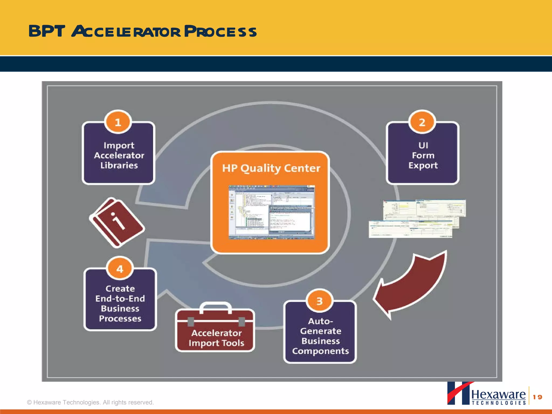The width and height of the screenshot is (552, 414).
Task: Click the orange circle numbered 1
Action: (118, 122)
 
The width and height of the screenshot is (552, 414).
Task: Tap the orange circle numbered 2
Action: (422, 122)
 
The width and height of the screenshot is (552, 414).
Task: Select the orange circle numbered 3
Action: (319, 301)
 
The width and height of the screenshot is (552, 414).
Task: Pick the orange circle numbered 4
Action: (120, 269)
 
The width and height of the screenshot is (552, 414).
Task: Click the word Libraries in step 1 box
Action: (119, 165)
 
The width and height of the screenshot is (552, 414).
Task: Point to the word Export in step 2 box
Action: (423, 165)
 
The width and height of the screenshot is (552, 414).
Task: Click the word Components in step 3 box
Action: (320, 351)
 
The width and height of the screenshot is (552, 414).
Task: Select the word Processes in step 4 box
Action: (120, 319)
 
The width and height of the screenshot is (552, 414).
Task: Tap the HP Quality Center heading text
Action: (271, 168)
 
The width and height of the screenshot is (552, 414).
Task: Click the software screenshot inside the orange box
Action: (271, 212)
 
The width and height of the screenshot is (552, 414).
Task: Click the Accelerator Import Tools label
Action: (216, 338)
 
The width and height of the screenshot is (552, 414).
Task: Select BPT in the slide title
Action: (47, 31)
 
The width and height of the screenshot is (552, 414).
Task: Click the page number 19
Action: (537, 397)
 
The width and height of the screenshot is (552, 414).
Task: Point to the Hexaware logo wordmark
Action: (498, 395)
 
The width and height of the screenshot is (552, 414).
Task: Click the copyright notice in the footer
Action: (90, 402)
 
